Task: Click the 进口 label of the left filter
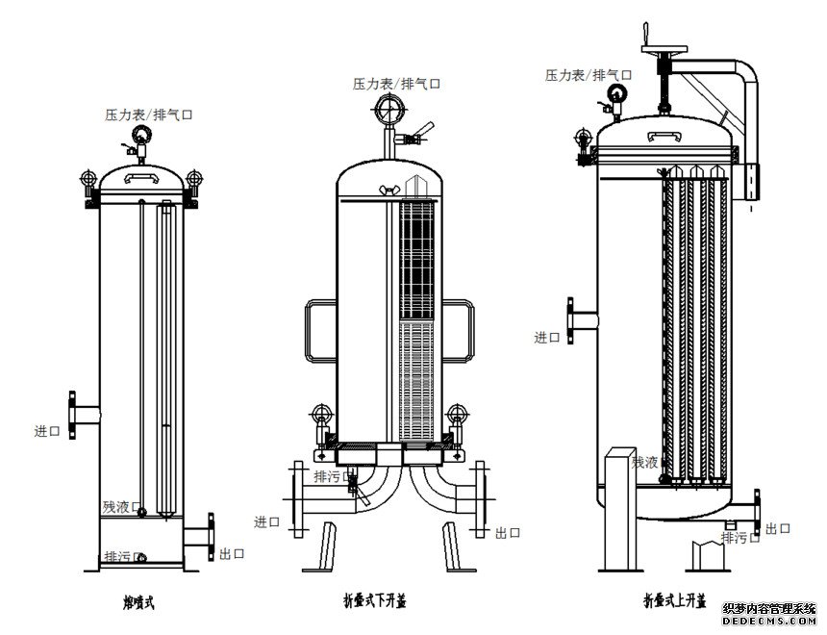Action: pyautogui.click(x=47, y=431)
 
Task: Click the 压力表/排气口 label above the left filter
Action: pyautogui.click(x=149, y=114)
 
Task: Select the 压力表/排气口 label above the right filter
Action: pyautogui.click(x=589, y=74)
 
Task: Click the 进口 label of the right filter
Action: pyautogui.click(x=547, y=337)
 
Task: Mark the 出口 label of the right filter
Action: pyautogui.click(x=778, y=528)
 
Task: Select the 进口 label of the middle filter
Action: pyautogui.click(x=266, y=521)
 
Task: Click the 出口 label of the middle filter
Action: pyautogui.click(x=508, y=532)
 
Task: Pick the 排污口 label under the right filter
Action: pyautogui.click(x=739, y=538)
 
